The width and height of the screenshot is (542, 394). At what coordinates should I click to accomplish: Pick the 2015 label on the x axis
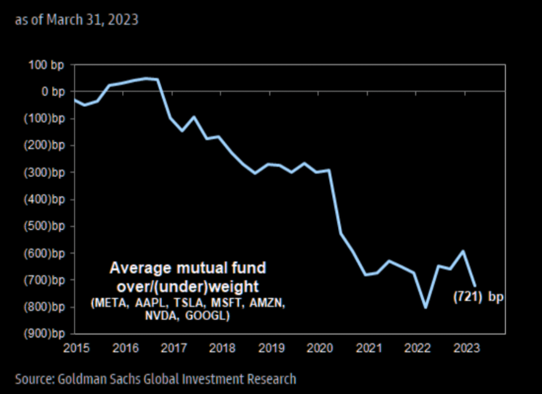(x=74, y=347)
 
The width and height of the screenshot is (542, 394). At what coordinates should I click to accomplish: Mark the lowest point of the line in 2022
(x=426, y=307)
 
